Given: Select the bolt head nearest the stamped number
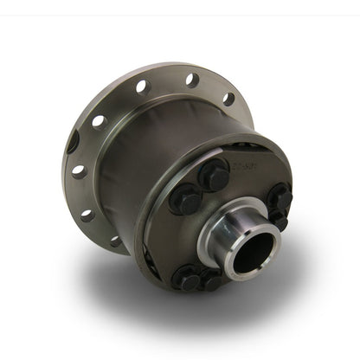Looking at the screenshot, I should coord(215,176).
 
